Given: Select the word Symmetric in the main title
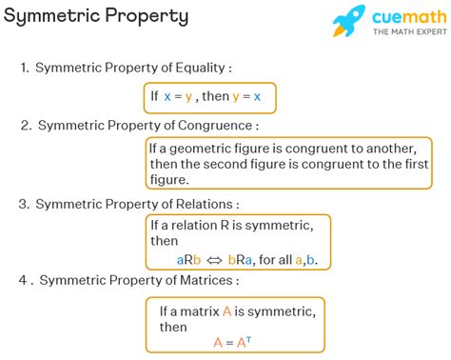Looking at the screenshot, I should tap(50, 16).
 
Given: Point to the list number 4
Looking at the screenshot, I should tap(23, 281).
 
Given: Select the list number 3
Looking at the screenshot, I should tap(23, 204).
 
